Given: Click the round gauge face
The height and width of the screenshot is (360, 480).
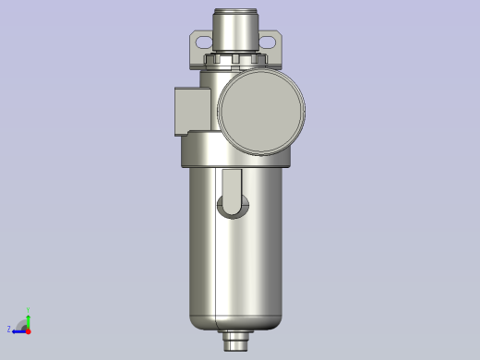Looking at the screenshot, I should [261, 110].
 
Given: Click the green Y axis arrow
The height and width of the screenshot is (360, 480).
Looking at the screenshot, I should [28, 319].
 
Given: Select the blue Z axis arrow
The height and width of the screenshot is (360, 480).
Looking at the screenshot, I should [18, 330].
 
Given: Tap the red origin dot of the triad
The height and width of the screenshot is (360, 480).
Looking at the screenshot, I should [28, 330].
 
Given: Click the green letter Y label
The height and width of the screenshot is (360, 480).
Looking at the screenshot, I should [28, 311].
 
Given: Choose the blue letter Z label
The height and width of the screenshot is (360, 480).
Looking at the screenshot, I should [9, 330].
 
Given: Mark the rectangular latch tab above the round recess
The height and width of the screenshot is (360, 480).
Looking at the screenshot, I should [233, 183].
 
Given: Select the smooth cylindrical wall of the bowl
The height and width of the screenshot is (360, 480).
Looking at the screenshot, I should [258, 258].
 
